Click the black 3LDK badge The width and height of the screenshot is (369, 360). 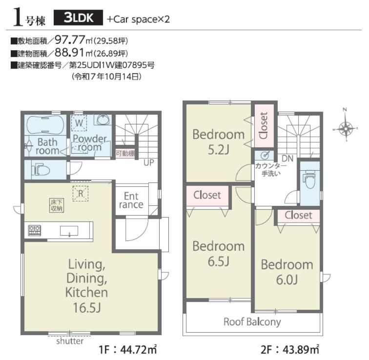tap(78, 18)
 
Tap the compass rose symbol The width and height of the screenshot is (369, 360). tap(345, 128)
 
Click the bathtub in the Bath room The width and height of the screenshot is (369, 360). tap(45, 125)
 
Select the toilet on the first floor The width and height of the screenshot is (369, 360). tap(40, 170)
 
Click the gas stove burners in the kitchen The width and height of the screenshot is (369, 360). tap(35, 230)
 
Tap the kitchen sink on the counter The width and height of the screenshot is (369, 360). tap(69, 231)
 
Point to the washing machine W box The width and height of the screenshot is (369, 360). tap(79, 122)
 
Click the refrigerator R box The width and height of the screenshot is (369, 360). tap(81, 194)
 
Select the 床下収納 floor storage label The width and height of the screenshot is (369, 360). tap(57, 205)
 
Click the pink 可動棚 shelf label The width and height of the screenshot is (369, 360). tap(125, 154)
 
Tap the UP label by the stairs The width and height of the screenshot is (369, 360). tap(149, 163)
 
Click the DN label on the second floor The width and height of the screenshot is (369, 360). tap(287, 159)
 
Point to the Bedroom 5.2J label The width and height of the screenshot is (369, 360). tap(219, 142)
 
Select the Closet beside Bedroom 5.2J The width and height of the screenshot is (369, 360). tap(264, 125)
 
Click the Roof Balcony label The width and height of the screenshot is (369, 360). tap(252, 322)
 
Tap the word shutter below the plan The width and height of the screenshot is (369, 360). tap(70, 341)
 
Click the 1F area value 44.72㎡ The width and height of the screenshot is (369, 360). tap(139, 350)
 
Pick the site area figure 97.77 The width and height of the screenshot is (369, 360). tap(70, 40)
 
